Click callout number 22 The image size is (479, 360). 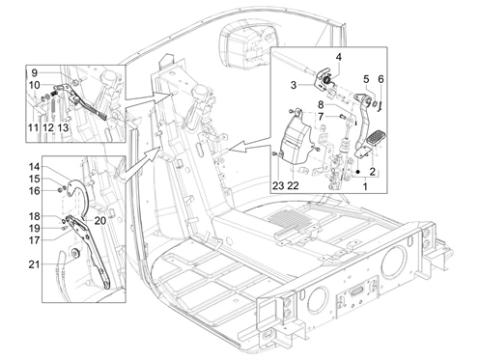[293, 185]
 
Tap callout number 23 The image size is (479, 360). [279, 185]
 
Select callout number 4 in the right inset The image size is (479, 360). [339, 57]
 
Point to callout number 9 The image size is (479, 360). [35, 73]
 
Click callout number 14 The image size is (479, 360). [35, 167]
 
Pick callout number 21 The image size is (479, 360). [34, 264]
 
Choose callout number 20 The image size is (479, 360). [100, 221]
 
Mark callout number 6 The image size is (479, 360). [380, 79]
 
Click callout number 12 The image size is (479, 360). [48, 127]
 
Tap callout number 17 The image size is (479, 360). [35, 240]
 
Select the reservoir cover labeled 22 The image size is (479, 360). [295, 140]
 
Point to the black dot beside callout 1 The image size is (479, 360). [357, 173]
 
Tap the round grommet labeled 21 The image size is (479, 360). [76, 253]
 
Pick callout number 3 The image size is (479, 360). [294, 85]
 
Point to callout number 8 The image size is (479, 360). [321, 105]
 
